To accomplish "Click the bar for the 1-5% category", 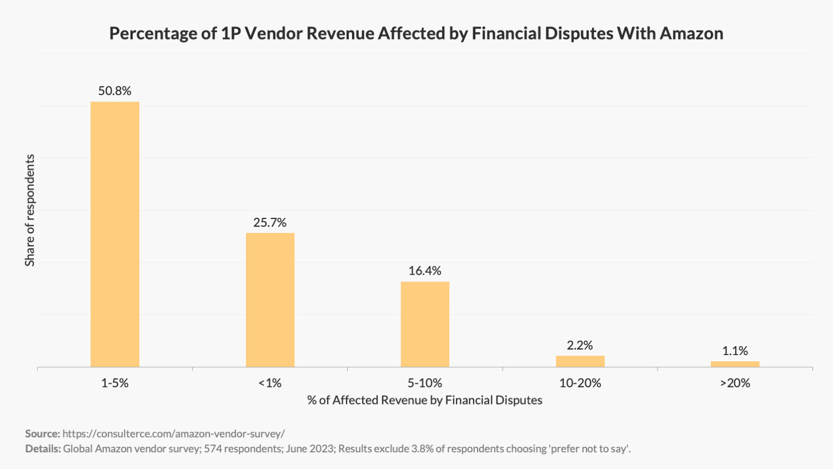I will (x=115, y=234).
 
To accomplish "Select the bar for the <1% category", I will (x=270, y=300).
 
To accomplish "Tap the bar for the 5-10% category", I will (x=425, y=324).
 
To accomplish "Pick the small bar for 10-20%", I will (x=580, y=361).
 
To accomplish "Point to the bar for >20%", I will (x=735, y=364).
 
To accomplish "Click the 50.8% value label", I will (x=115, y=91).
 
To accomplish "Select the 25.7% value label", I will (x=270, y=223).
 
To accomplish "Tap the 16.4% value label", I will (x=425, y=271).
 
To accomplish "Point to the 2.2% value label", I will (x=580, y=346).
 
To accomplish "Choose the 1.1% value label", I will (x=735, y=351).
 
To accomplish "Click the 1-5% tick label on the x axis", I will (x=115, y=383).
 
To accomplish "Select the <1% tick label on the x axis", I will (x=270, y=383).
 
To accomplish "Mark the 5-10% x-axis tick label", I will (x=425, y=383).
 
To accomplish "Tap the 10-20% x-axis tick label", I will (x=580, y=383).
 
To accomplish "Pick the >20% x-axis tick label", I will (x=735, y=383).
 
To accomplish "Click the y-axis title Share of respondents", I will (x=30, y=210).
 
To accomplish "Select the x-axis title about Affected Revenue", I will (x=425, y=401).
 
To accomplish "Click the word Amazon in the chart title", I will (x=691, y=34).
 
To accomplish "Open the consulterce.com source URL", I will (x=173, y=434).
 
